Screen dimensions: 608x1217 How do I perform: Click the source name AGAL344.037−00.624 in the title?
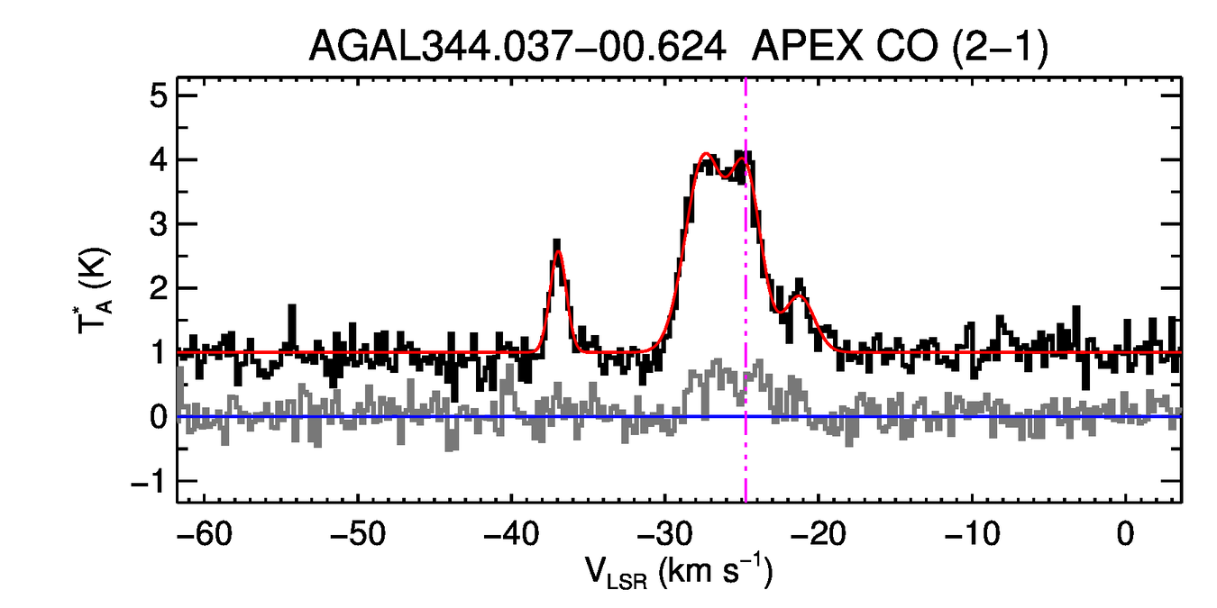(x=517, y=47)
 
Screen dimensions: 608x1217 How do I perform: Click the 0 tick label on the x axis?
(x=1125, y=533)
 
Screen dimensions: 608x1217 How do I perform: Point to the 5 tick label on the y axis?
(x=159, y=95)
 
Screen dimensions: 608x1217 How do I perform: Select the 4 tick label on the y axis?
(x=159, y=160)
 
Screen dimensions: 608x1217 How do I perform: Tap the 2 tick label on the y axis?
(x=159, y=289)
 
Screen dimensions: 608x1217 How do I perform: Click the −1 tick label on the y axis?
(x=149, y=482)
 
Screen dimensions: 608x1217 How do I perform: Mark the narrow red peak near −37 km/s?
(x=559, y=252)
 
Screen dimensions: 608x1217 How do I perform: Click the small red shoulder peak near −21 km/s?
(x=799, y=295)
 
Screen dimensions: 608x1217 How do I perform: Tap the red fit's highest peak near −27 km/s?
(x=706, y=155)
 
